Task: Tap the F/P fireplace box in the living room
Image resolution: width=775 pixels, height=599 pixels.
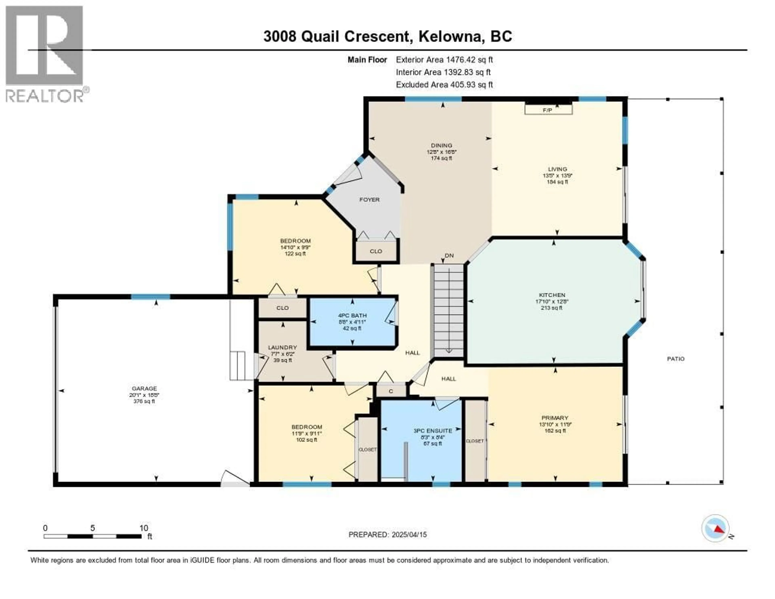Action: coord(548,110)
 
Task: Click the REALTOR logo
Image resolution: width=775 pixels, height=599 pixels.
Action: coord(45,54)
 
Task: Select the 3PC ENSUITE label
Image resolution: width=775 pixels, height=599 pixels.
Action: coord(433,430)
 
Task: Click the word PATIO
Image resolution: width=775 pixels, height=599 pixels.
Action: coord(676,359)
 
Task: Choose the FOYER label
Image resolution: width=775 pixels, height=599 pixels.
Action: coord(369,200)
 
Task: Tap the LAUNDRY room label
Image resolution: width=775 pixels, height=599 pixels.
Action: coord(283,347)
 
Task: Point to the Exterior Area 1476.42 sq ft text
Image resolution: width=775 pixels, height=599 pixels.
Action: coord(444,60)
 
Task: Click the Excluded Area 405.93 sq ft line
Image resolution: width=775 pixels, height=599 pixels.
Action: coord(444,84)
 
